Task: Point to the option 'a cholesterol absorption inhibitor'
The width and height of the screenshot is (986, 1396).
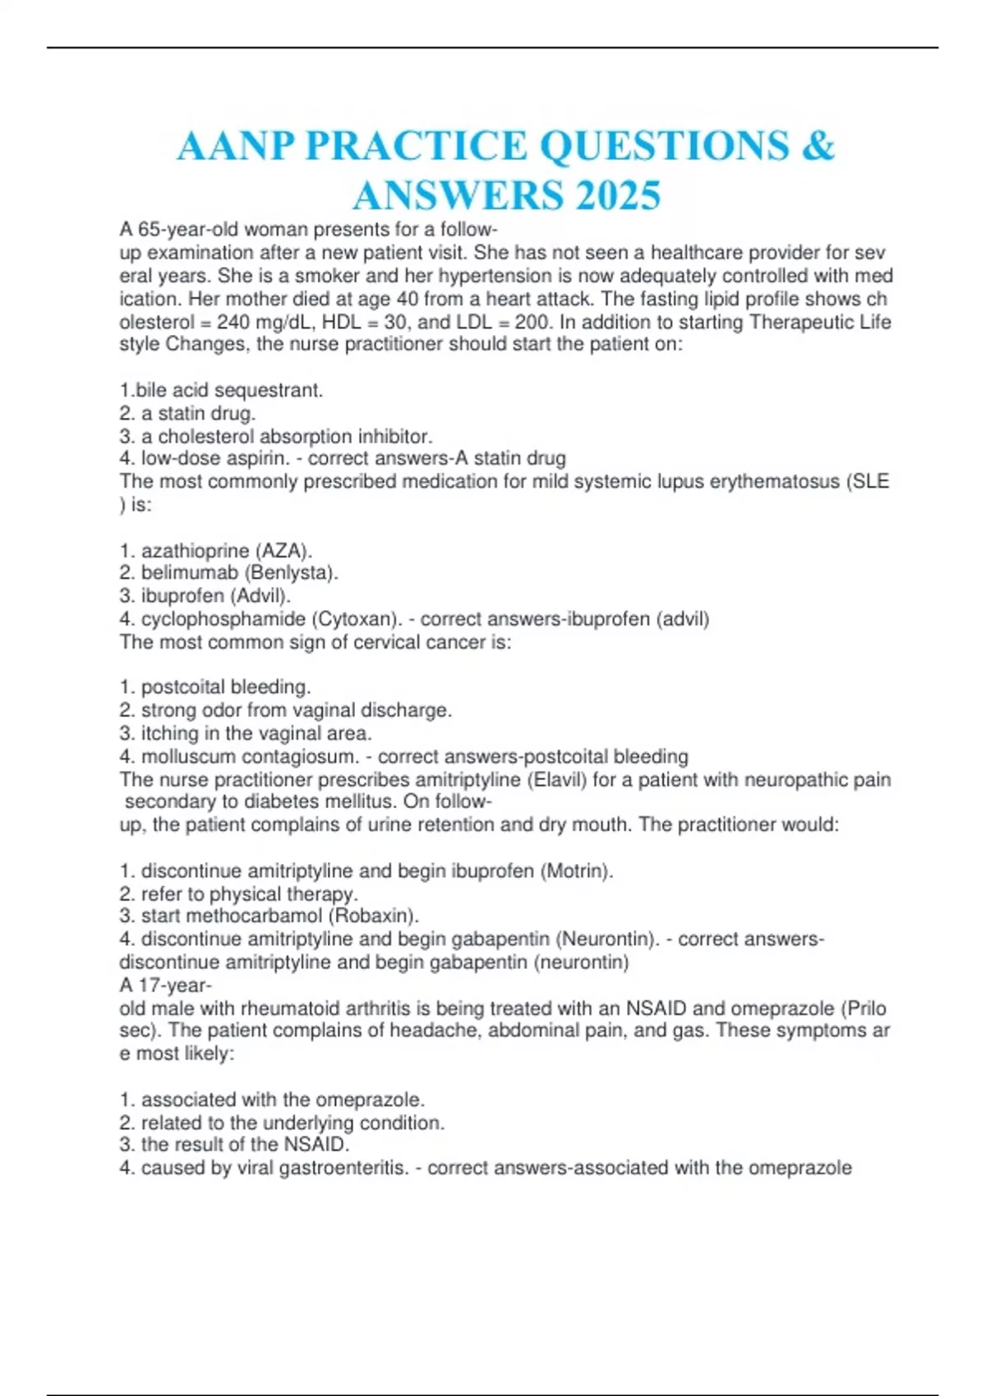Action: pyautogui.click(x=286, y=436)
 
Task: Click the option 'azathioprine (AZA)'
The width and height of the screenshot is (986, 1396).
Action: pyautogui.click(x=226, y=550)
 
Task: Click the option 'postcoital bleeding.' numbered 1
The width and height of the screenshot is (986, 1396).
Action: pyautogui.click(x=225, y=687)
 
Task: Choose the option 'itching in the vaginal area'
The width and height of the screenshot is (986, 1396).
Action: pyautogui.click(x=256, y=732)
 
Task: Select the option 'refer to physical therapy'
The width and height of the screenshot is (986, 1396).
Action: pyautogui.click(x=249, y=893)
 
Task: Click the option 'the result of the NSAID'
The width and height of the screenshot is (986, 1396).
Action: pyautogui.click(x=245, y=1144)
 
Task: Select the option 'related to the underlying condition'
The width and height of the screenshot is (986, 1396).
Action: pyautogui.click(x=292, y=1123)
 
